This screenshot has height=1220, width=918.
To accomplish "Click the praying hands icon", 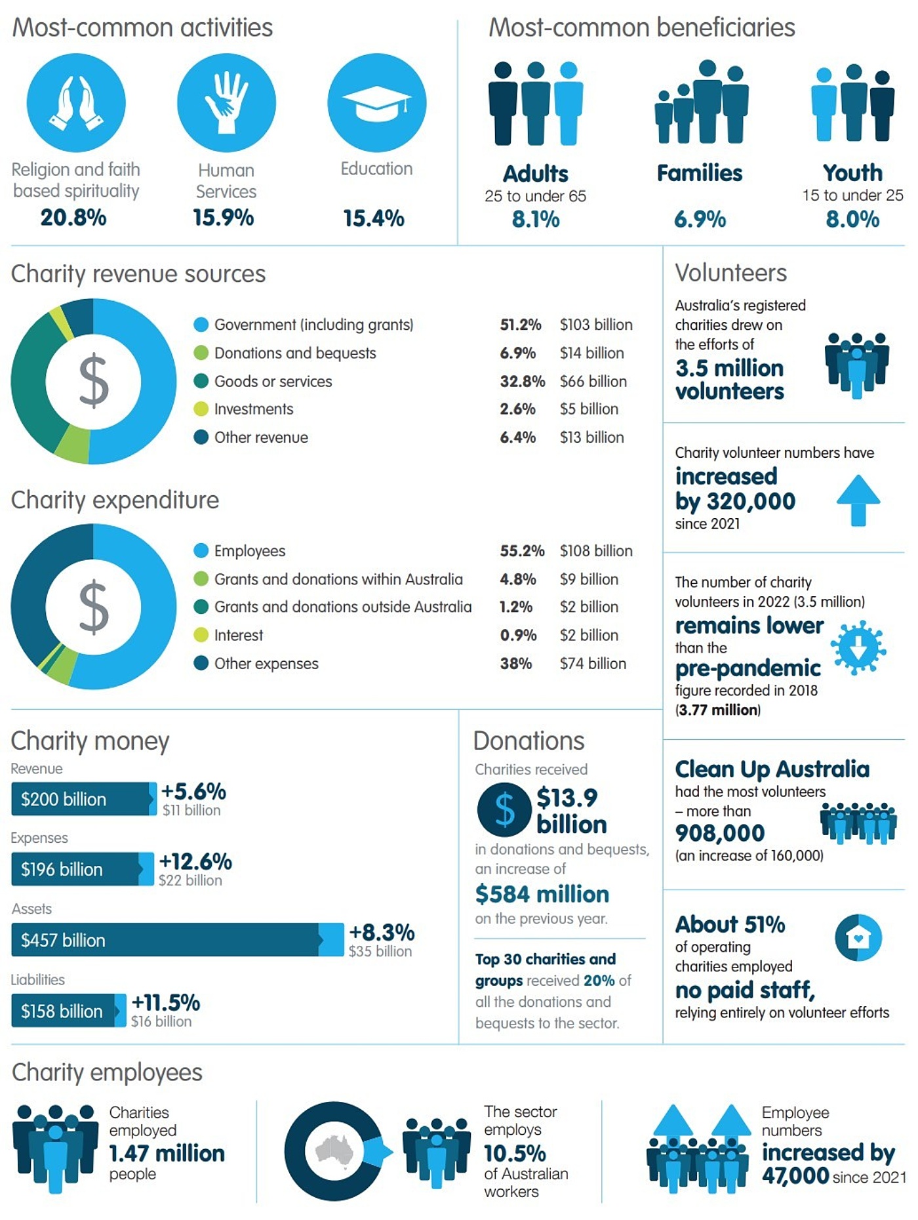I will click(76, 103).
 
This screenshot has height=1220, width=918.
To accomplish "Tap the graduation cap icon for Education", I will click(376, 104).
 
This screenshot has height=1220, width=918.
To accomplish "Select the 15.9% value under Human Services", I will click(223, 218).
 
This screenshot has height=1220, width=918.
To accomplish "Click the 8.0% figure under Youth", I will click(852, 219).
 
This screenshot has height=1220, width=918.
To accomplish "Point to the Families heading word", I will click(699, 173).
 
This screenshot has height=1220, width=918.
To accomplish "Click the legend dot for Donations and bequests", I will click(201, 353).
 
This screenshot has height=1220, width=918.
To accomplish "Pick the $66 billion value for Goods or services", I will click(593, 381).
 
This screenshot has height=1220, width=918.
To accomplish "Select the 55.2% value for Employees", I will click(521, 551).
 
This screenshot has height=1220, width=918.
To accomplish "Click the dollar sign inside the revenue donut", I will click(93, 380).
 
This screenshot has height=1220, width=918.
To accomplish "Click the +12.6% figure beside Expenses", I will click(195, 862).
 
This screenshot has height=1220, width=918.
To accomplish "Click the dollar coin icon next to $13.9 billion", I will click(504, 809).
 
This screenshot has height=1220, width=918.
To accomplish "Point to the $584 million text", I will click(542, 894).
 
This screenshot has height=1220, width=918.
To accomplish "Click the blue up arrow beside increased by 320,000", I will click(858, 500).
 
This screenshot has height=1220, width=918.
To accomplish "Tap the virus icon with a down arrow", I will click(858, 648).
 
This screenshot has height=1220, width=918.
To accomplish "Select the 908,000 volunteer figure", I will click(719, 833).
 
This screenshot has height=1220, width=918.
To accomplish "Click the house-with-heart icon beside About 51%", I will click(858, 938).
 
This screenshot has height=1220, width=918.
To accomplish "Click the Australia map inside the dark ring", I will click(334, 1150).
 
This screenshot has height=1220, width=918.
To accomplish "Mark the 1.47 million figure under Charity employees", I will click(167, 1153).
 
